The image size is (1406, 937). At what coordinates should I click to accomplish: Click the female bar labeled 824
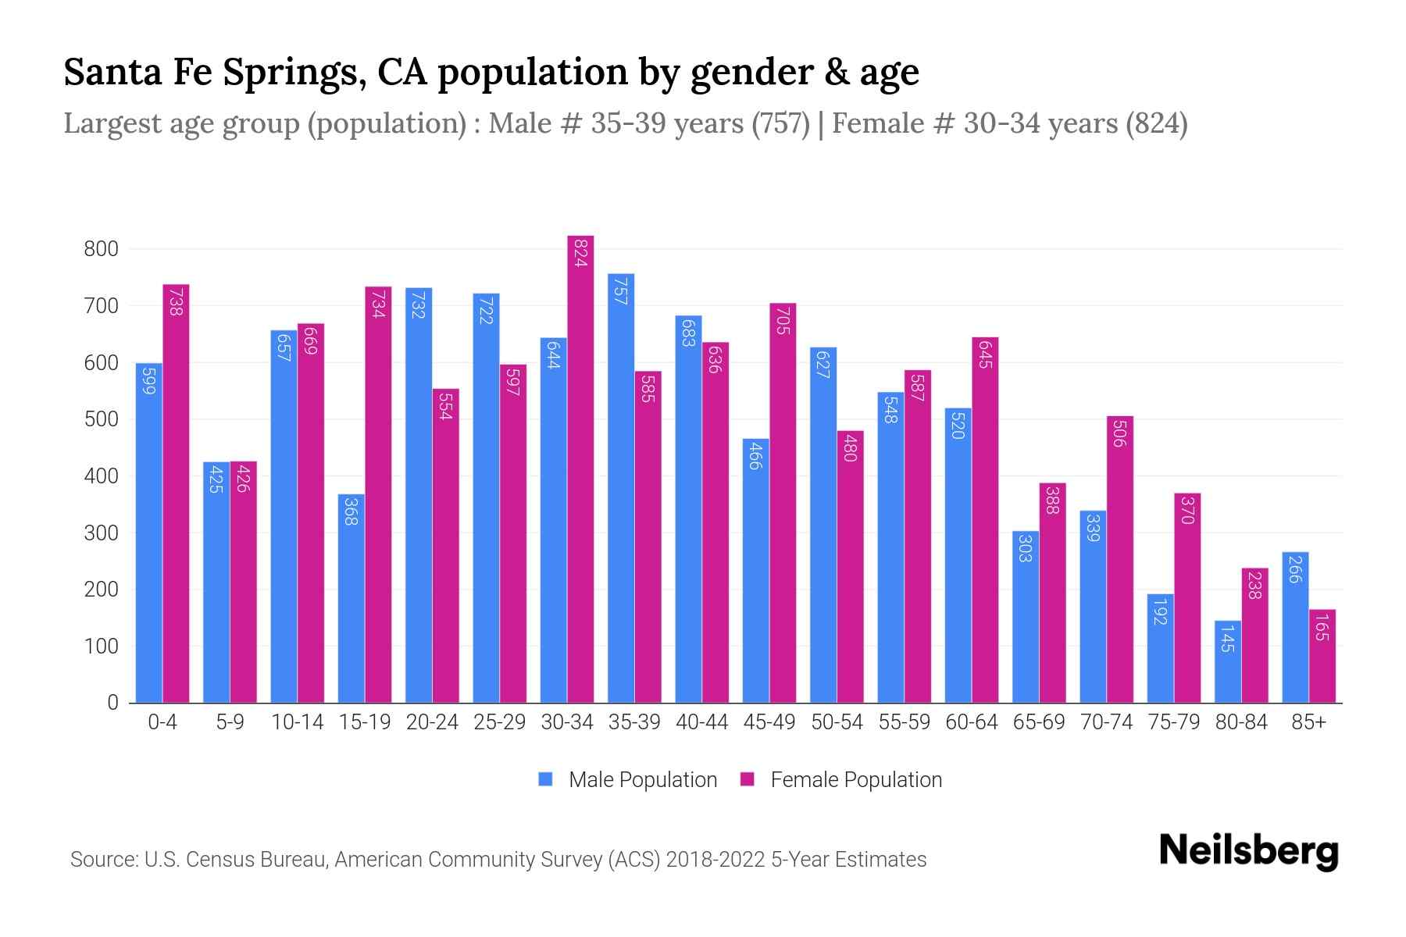(x=580, y=468)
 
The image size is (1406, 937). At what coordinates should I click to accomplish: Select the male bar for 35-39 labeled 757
(x=621, y=488)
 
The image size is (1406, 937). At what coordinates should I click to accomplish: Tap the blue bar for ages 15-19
(x=351, y=598)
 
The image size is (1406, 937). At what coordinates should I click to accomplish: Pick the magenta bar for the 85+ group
(x=1322, y=656)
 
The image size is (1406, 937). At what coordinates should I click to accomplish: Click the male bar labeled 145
(x=1228, y=662)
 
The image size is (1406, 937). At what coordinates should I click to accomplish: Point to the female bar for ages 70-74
(x=1120, y=559)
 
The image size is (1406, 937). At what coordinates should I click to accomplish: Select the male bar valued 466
(x=755, y=570)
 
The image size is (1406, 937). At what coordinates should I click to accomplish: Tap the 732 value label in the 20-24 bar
(x=419, y=305)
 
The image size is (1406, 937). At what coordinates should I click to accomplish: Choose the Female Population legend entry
(x=841, y=780)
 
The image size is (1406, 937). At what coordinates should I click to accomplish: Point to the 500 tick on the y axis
(x=101, y=419)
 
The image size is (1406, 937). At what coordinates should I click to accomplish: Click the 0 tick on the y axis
(x=112, y=703)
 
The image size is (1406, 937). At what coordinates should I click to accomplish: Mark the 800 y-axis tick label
(x=101, y=249)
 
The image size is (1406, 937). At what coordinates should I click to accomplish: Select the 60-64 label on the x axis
(x=971, y=722)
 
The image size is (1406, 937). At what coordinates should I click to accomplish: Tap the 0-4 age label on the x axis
(x=162, y=722)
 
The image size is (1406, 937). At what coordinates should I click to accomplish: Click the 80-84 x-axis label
(x=1241, y=722)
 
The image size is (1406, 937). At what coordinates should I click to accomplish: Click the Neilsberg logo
(x=1248, y=851)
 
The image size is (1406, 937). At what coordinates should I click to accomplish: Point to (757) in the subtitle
(x=780, y=123)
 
